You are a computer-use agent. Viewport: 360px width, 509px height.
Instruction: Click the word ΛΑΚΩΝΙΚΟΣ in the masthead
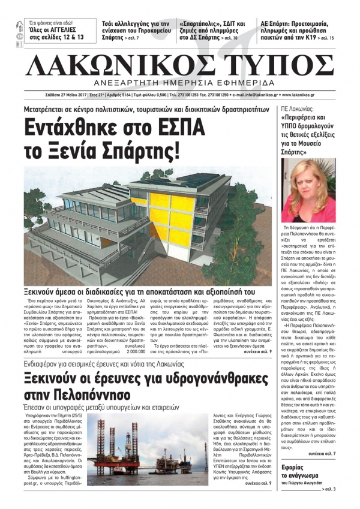118,63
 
